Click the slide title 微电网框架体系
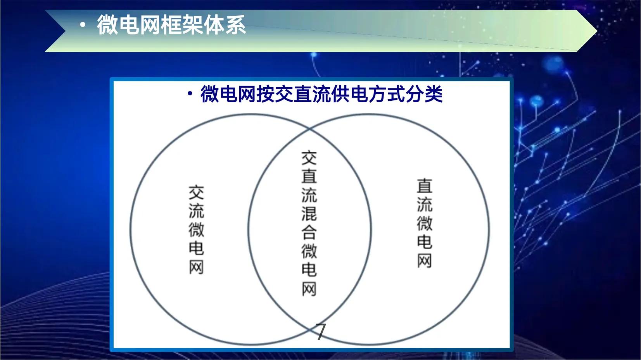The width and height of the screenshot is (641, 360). [x=171, y=25]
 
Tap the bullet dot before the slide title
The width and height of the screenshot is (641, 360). [x=82, y=26]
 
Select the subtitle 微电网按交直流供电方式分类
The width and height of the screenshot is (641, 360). [x=321, y=94]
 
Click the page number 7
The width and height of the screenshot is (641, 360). [x=320, y=332]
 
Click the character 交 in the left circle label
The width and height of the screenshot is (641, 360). [x=196, y=193]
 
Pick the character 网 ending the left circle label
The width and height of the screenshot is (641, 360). [x=196, y=267]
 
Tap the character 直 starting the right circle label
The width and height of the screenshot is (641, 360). [x=424, y=186]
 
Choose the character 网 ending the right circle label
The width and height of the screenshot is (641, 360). [x=424, y=260]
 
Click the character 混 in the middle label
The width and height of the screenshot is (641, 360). [x=309, y=214]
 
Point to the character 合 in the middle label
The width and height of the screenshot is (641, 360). [x=309, y=232]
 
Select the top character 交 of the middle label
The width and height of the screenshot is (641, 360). [x=309, y=158]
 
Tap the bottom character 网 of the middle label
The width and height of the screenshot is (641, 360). [x=309, y=288]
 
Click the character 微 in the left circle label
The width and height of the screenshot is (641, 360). [x=196, y=230]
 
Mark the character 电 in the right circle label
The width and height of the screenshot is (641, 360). [x=424, y=242]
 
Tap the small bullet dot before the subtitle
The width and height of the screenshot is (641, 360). [x=190, y=94]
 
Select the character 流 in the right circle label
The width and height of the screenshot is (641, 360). [x=424, y=205]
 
